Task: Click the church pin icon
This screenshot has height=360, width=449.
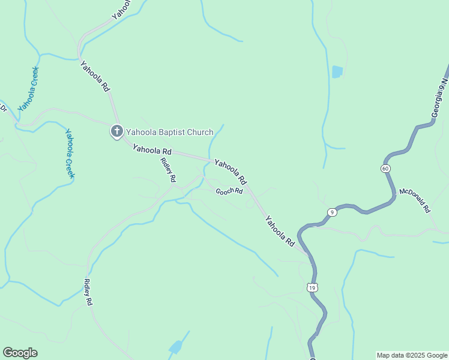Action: (x=116, y=131)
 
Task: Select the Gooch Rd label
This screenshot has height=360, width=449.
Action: (x=229, y=191)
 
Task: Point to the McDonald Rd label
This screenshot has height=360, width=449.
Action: (x=415, y=202)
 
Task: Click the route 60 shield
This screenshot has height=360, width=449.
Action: (x=385, y=169)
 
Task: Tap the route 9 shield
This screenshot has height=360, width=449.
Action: (x=332, y=212)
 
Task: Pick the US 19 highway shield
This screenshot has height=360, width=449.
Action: (x=312, y=288)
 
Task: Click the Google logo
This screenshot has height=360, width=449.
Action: (x=20, y=352)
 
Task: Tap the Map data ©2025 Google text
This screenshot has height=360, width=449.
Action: (x=412, y=355)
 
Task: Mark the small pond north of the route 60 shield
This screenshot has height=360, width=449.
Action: (x=337, y=72)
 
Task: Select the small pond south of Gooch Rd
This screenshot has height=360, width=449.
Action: (x=175, y=347)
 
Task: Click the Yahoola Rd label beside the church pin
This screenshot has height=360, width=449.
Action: (x=152, y=149)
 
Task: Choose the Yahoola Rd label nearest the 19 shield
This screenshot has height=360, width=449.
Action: (x=280, y=232)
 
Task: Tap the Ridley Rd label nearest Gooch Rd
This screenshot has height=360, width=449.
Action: (x=169, y=169)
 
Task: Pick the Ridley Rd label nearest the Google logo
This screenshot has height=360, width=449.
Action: (x=89, y=293)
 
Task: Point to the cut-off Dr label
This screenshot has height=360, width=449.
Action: (x=2, y=109)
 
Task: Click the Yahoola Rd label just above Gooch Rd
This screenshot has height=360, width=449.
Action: (x=231, y=172)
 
